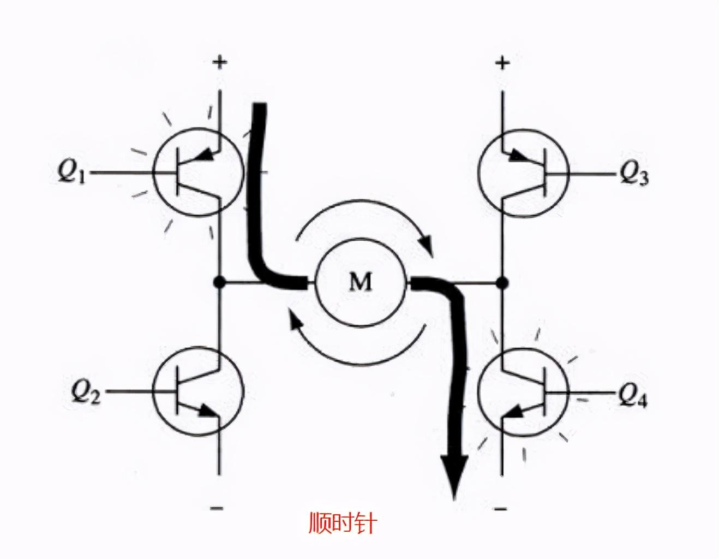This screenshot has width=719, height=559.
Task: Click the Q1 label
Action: [72, 174]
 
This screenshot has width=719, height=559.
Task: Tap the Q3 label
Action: [634, 175]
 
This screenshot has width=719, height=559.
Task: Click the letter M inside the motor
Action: [361, 282]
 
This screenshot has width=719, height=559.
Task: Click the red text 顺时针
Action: [342, 522]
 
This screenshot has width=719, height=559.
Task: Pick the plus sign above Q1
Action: [219, 62]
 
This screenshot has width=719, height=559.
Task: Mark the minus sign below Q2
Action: [217, 508]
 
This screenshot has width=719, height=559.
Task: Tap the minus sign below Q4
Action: [500, 509]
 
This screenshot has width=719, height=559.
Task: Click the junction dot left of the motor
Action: [219, 282]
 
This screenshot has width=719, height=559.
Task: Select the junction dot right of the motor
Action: [502, 282]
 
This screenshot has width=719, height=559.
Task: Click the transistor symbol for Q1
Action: [197, 173]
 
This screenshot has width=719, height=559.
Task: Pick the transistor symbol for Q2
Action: [197, 391]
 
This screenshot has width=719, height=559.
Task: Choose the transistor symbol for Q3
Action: [524, 174]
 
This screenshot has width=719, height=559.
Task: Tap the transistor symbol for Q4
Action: [524, 391]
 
